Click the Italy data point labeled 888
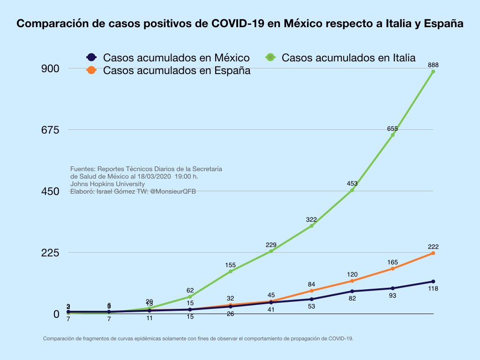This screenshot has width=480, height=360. [x=433, y=72]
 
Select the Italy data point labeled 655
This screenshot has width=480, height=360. [x=392, y=135]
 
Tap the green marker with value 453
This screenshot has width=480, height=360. [x=352, y=190]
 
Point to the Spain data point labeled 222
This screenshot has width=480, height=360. [x=433, y=253]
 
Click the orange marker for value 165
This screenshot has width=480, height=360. [x=392, y=269]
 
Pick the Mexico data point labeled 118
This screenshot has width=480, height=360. [x=433, y=281]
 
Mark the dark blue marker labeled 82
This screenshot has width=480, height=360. [x=352, y=291]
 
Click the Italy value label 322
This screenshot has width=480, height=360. [x=311, y=219]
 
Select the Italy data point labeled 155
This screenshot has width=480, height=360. [x=231, y=271]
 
